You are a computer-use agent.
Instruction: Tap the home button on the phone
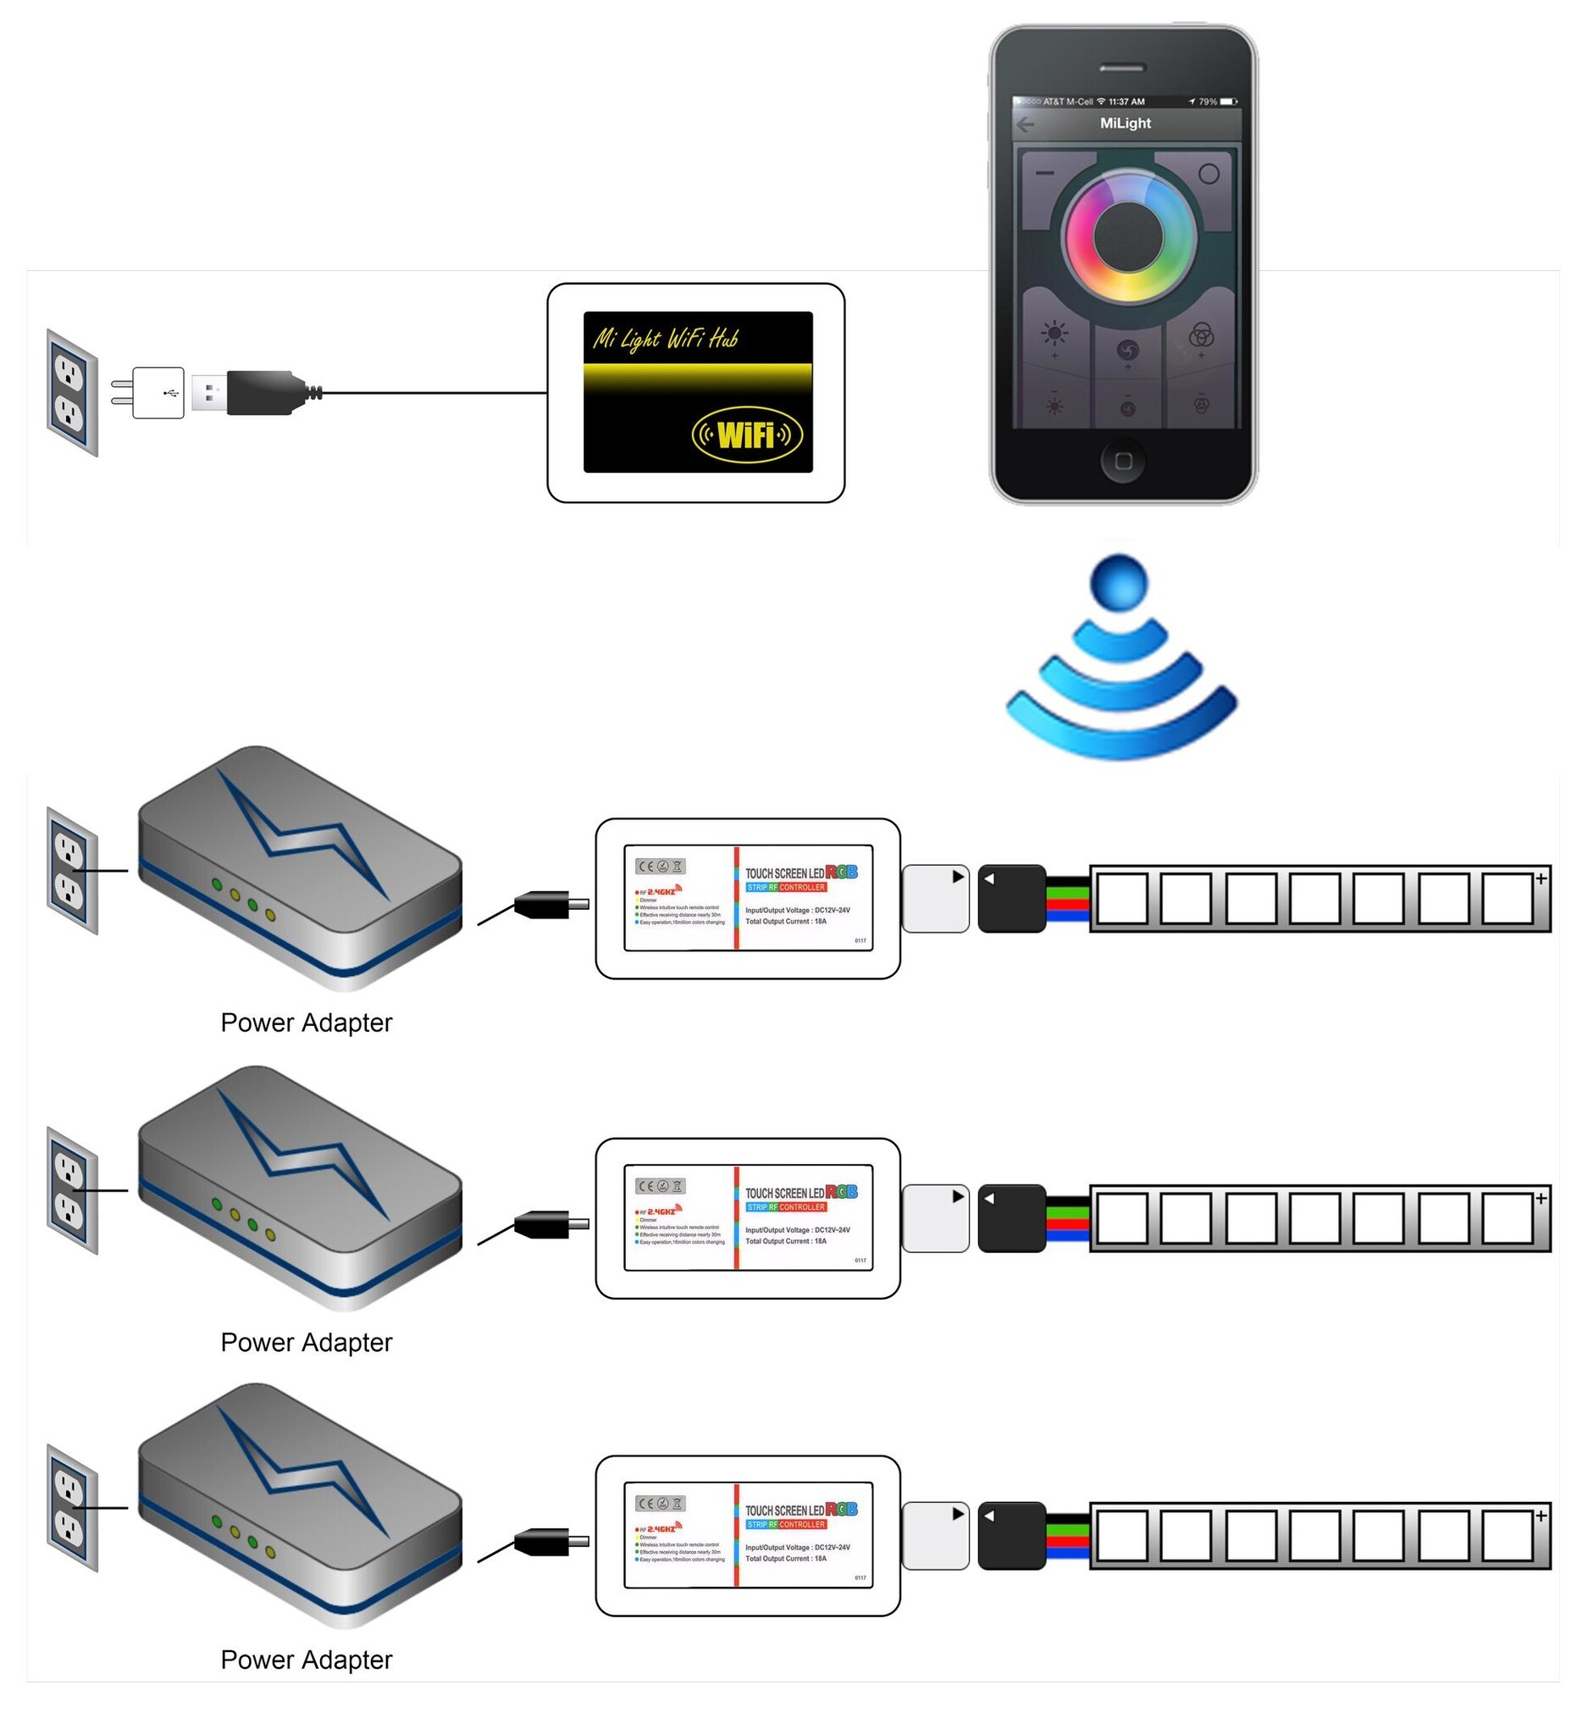[x=1122, y=462]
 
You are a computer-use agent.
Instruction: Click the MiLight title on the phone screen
[x=1125, y=123]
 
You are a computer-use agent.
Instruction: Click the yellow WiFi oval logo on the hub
[x=747, y=435]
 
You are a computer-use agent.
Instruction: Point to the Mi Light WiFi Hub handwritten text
[x=665, y=339]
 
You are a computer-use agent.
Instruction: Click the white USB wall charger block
[x=158, y=393]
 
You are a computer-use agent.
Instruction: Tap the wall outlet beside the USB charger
[x=71, y=393]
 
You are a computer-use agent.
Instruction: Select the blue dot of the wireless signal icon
[x=1119, y=583]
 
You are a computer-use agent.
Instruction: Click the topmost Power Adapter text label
[x=307, y=1023]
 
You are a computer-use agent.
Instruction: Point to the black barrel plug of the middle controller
[x=543, y=1225]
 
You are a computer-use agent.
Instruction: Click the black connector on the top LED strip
[x=1011, y=899]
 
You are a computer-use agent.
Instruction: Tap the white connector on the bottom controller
[x=935, y=1535]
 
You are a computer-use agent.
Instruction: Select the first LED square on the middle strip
[x=1122, y=1218]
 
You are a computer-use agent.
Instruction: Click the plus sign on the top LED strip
[x=1540, y=878]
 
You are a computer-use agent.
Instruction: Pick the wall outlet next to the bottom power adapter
[x=71, y=1509]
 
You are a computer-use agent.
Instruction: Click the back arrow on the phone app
[x=1025, y=125]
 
